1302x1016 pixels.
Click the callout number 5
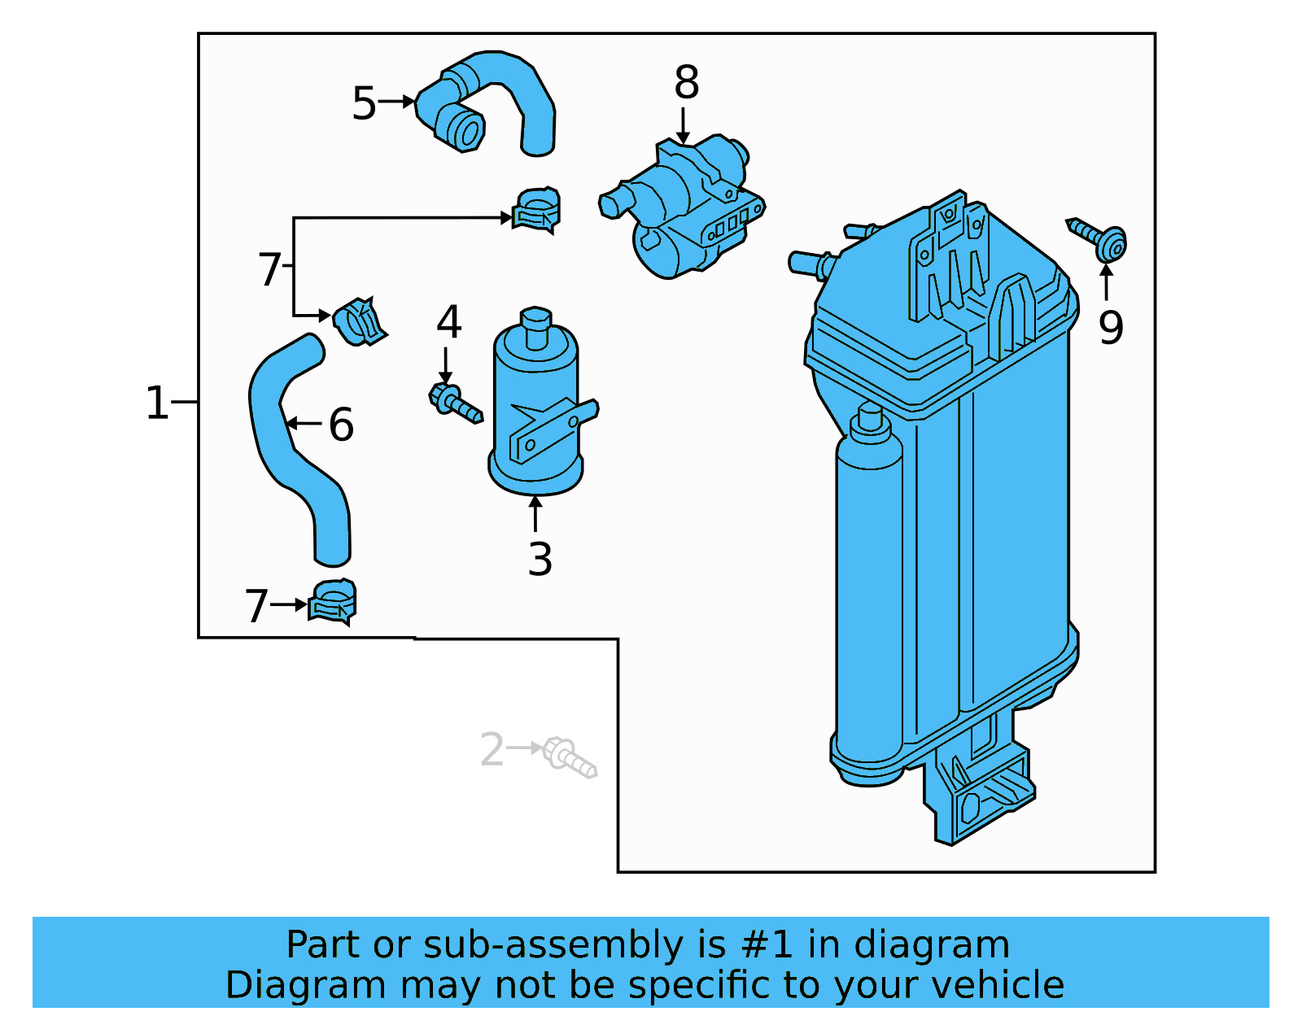coord(364,103)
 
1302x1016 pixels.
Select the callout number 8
coord(686,83)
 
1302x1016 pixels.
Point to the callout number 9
coord(1110,327)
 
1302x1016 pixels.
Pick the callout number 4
coord(448,322)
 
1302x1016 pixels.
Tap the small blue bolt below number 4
coord(455,403)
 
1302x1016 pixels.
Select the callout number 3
coord(540,560)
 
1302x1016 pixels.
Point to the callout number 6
coord(341,425)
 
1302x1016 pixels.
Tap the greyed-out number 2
coord(492,750)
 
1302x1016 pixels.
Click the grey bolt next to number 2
coord(569,757)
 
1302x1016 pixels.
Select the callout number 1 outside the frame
coord(156,403)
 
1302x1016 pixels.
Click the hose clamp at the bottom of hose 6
coord(333,602)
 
